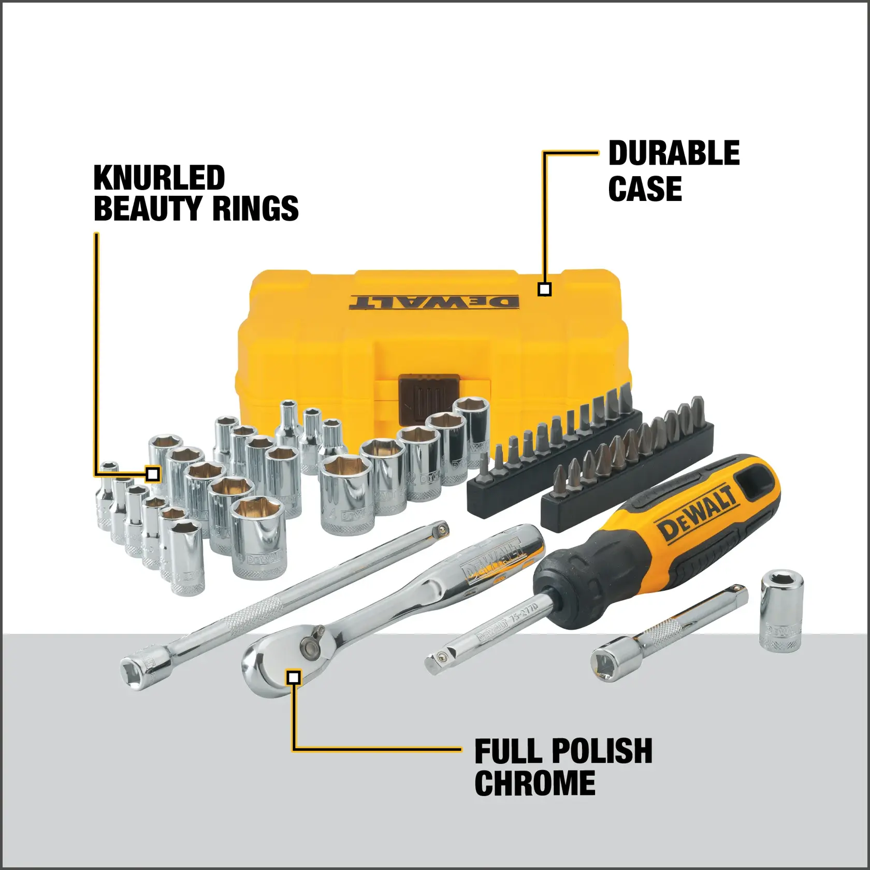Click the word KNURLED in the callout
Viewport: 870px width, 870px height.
[159, 178]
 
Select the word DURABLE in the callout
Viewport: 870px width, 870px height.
[674, 153]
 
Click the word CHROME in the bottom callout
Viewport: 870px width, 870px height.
[534, 783]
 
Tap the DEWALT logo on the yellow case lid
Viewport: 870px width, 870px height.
[433, 302]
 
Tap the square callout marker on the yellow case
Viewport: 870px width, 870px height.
[544, 289]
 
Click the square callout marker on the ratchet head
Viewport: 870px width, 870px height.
[294, 677]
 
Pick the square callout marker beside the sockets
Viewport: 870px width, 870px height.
[152, 474]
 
